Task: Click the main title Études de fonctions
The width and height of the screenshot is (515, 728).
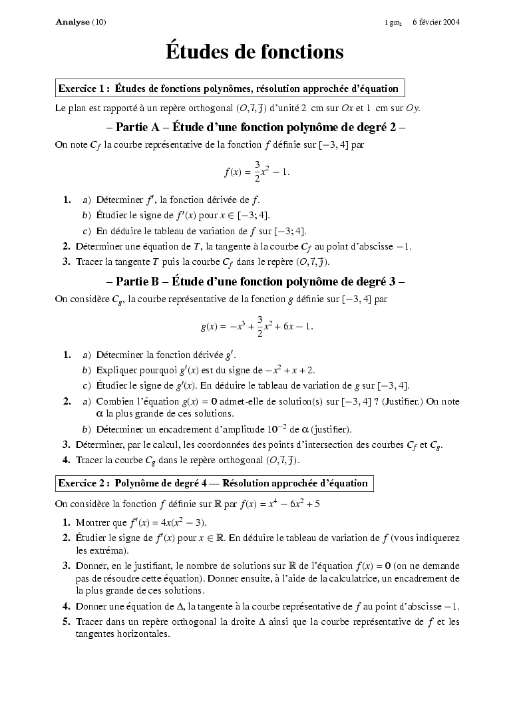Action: pos(255,52)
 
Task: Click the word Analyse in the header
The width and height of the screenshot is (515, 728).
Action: pos(73,22)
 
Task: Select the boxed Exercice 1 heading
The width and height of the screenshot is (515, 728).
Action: pos(229,88)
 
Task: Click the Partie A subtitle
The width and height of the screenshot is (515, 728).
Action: pos(256,126)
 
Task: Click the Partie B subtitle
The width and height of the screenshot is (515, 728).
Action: pos(256,281)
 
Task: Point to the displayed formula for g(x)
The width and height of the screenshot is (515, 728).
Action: pos(257,326)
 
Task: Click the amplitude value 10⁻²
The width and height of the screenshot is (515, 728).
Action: pos(275,428)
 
